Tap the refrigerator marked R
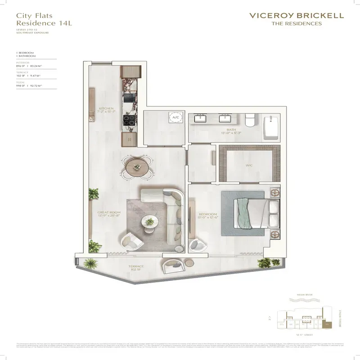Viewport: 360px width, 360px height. coord(129,139)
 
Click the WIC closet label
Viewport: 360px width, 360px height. coord(249,166)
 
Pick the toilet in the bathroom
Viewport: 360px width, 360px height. coord(250,120)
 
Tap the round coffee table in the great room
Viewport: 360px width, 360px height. coord(149,221)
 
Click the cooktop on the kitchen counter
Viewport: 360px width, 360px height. coord(129,120)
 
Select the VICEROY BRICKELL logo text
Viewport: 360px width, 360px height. coord(296,15)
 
